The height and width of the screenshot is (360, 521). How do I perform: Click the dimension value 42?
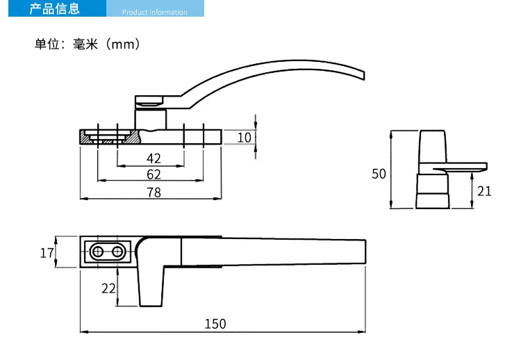pos(154,158)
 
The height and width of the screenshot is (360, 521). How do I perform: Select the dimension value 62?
pos(154,174)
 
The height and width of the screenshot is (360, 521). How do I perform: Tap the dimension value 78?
pos(154,193)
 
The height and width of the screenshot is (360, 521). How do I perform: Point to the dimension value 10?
pos(245,138)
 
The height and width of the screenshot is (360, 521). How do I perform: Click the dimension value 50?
pos(379,174)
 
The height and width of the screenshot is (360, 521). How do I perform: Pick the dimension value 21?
pos(484,191)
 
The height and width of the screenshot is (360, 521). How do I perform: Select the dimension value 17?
pos(47,253)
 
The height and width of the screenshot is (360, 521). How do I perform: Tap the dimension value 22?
pos(108,288)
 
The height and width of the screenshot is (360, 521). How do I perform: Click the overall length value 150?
pos(215,324)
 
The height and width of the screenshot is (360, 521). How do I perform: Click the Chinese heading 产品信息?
pos(54,8)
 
